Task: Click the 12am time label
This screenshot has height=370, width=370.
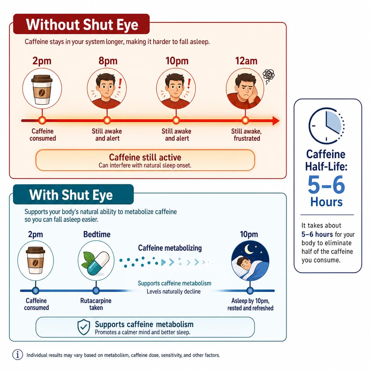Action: (246, 61)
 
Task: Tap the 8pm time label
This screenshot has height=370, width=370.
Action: (108, 61)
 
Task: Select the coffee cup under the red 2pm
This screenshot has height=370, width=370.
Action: (42, 90)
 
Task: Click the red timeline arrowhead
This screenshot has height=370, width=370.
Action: (276, 121)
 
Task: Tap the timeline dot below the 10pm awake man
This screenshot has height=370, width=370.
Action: (176, 120)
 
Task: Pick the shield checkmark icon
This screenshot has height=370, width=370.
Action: (84, 327)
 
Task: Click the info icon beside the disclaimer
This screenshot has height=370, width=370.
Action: (18, 354)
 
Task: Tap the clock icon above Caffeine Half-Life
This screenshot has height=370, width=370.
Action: (326, 126)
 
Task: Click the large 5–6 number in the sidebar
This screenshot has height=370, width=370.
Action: (326, 185)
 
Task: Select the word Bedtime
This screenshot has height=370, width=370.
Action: (97, 234)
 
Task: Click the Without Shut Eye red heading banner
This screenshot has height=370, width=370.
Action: (81, 24)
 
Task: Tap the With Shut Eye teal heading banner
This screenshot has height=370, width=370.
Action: (73, 194)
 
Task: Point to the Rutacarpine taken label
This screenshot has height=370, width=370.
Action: (96, 304)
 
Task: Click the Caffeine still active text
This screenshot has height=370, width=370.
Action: (145, 158)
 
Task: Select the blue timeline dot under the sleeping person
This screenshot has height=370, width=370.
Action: (250, 291)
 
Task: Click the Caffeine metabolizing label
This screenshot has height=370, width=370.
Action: (170, 248)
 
